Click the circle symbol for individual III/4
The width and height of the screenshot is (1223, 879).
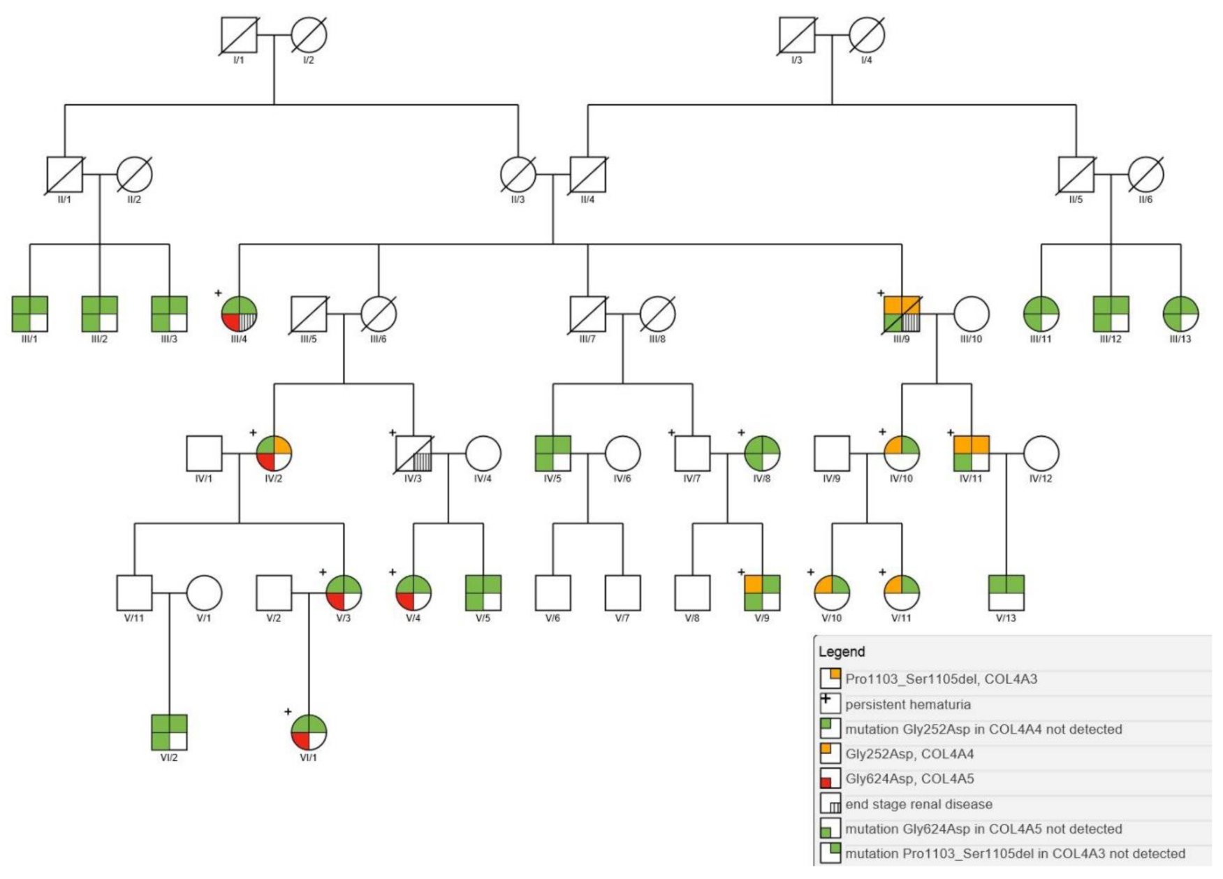239,314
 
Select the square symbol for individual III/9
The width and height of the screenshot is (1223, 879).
902,314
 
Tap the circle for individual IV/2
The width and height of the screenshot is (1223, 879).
274,453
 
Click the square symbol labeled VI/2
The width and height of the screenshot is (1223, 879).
169,732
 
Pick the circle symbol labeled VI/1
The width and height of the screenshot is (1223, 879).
309,732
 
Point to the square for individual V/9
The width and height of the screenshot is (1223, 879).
762,593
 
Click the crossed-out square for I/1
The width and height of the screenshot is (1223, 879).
239,35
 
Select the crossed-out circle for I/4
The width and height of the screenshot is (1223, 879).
867,35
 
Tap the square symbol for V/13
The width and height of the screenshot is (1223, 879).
1006,593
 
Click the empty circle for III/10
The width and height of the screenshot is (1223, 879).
972,314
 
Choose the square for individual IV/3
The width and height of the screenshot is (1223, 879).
413,453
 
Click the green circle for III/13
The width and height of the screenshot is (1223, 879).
1180,314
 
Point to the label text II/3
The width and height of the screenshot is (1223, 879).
518,200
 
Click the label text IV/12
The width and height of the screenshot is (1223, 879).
1041,479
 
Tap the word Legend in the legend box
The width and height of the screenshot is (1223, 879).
842,652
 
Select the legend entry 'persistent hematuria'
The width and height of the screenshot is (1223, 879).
907,704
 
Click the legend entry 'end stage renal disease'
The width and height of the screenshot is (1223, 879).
918,804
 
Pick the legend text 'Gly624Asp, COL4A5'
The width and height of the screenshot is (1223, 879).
909,778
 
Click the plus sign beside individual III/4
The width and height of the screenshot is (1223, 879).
218,293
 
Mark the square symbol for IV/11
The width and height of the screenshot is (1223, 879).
972,453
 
